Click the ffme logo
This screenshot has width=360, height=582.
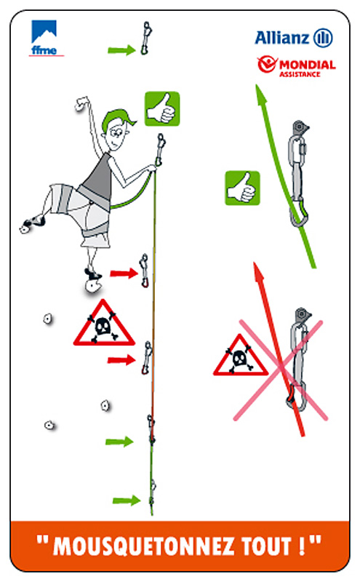[x=45, y=38]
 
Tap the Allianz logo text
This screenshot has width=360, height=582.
[x=282, y=38]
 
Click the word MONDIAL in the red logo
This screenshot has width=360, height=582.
[x=308, y=65]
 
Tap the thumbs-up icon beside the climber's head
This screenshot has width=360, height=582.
[x=161, y=108]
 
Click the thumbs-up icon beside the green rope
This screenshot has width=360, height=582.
[x=242, y=188]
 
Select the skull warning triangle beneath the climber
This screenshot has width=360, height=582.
[x=104, y=324]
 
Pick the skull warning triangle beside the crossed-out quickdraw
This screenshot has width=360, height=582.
[x=240, y=356]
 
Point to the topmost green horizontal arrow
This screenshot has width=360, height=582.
[x=121, y=50]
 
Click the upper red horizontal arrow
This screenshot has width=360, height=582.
[x=124, y=274]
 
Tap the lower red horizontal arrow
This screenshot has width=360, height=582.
[x=121, y=359]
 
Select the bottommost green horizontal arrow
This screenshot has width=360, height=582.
[x=127, y=501]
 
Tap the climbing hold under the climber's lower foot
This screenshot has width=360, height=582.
[x=93, y=286]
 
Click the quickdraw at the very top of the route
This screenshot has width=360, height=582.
[x=146, y=39]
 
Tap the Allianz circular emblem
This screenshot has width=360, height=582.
[x=323, y=38]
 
